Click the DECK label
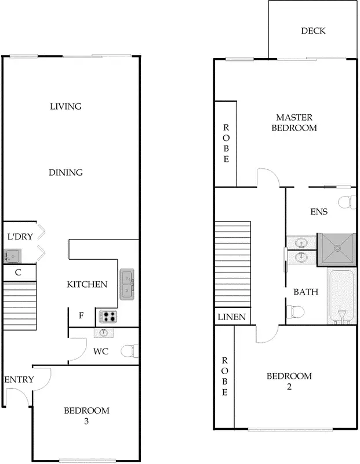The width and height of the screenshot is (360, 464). click(313, 31)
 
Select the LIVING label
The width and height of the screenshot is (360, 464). click(66, 106)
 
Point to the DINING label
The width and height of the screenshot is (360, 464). click(66, 172)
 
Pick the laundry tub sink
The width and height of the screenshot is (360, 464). click(12, 255)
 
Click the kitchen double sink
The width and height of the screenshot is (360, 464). click(127, 284)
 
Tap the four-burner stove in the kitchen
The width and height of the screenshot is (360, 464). click(108, 317)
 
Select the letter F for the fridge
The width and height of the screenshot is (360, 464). click(81, 316)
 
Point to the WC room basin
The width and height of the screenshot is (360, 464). click(104, 333)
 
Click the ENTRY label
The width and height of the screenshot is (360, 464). click(19, 379)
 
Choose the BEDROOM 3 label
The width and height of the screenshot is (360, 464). click(86, 415)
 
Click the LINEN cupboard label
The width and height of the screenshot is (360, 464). click(232, 317)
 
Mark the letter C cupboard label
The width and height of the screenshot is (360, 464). click(18, 271)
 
